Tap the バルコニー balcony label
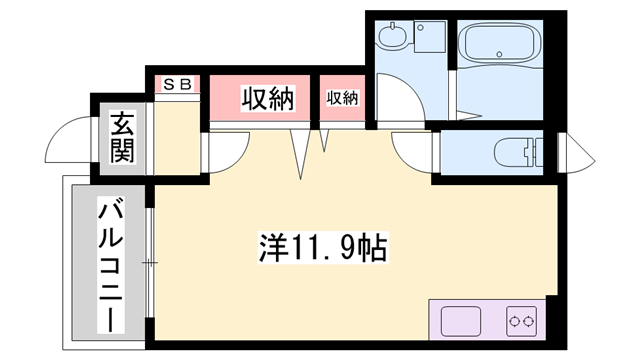coord(110,266)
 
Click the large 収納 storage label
coord(267,98)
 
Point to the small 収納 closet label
coord(342,98)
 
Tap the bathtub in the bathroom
coord(498,45)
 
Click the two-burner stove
coord(522,322)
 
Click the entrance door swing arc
coord(70,140)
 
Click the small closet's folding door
coord(325,141)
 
